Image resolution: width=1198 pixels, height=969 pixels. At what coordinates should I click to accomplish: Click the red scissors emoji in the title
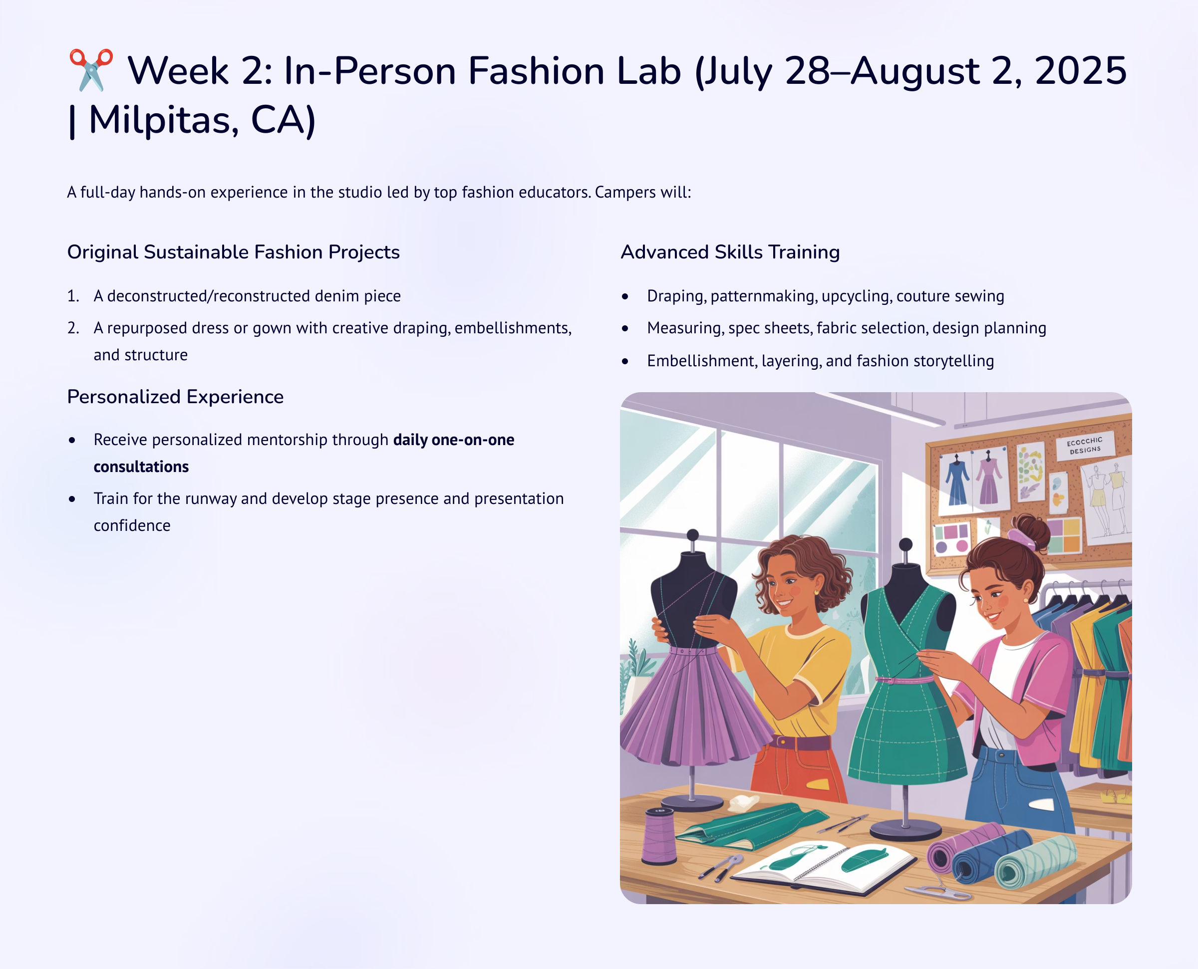[90, 70]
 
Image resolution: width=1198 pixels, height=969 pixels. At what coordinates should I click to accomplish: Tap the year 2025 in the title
[1081, 71]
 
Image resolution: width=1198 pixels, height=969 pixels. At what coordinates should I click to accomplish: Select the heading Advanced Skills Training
[730, 252]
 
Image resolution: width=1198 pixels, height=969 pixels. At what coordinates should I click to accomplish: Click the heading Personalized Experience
[175, 397]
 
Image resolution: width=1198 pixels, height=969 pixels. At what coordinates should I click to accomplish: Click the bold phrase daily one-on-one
[453, 440]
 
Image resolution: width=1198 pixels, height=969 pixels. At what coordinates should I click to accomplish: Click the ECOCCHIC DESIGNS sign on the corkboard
[1085, 446]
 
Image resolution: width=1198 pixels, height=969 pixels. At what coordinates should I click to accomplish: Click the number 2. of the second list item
[73, 328]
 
